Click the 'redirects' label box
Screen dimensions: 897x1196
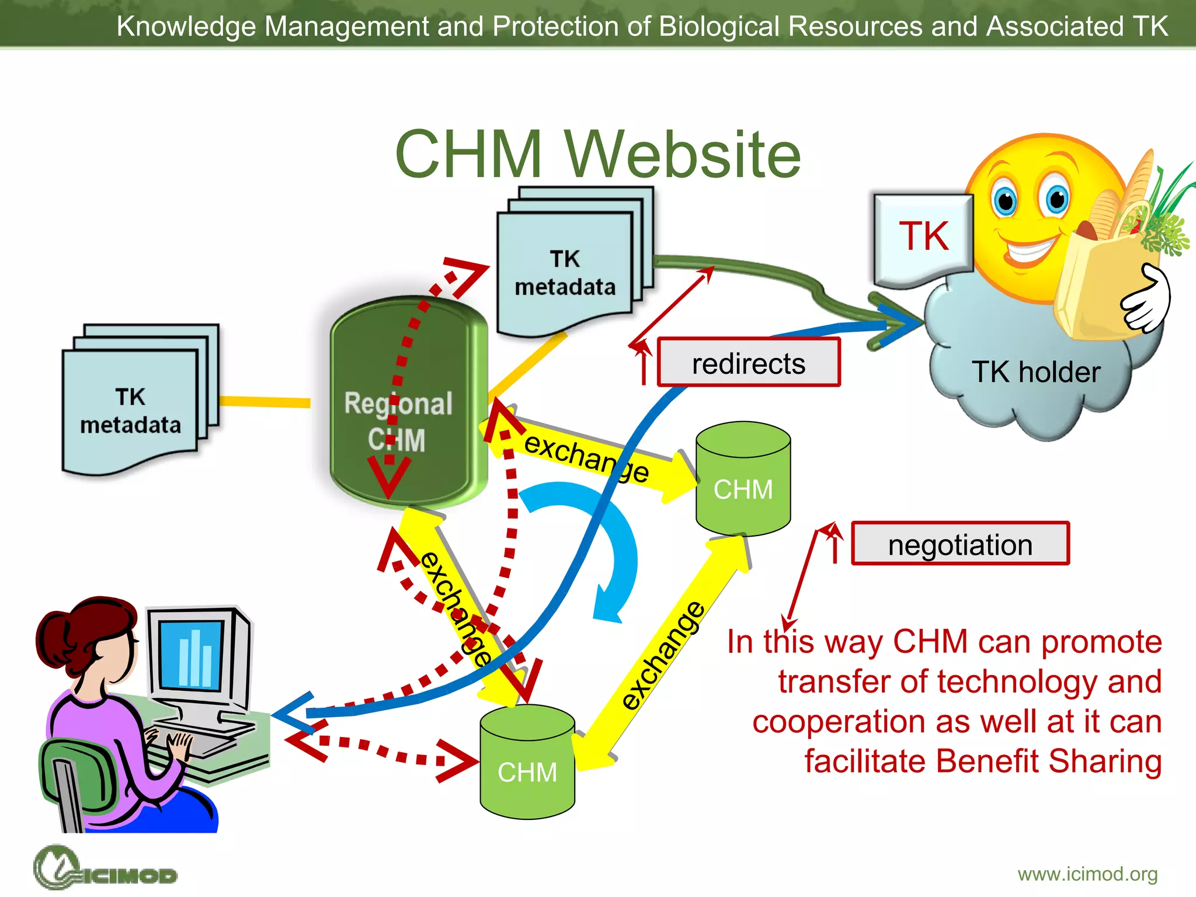pyautogui.click(x=748, y=363)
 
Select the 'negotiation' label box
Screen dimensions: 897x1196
pyautogui.click(x=959, y=544)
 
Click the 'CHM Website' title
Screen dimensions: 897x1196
pyautogui.click(x=597, y=155)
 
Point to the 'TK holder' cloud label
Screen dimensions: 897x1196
pyautogui.click(x=1035, y=372)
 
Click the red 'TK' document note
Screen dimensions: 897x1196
pyautogui.click(x=923, y=237)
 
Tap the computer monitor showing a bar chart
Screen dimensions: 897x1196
pyautogui.click(x=196, y=654)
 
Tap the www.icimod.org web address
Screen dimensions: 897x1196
pyautogui.click(x=1087, y=874)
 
